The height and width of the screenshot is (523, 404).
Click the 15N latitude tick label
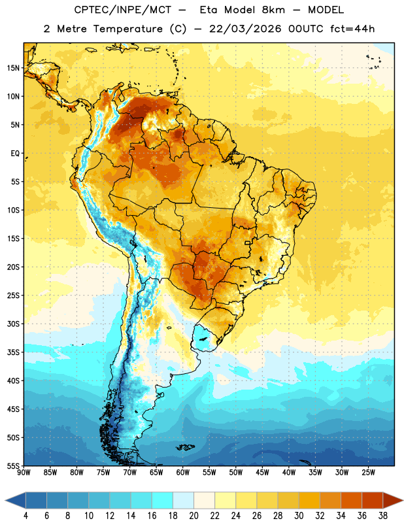(13, 68)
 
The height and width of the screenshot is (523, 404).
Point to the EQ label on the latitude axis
(15, 154)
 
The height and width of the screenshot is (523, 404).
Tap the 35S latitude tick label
(13, 352)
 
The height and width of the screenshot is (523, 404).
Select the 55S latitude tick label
(13, 465)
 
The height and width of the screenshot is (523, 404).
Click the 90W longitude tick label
(24, 473)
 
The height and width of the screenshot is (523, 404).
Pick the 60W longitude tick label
(183, 473)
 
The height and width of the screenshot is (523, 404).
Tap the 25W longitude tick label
(368, 473)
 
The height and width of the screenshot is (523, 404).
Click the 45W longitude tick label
(262, 473)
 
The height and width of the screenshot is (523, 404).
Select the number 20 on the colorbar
(194, 516)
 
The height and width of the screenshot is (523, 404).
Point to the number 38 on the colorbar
(383, 516)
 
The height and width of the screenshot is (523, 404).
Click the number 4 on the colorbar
(25, 516)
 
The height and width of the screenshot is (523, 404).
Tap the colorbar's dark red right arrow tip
(403, 500)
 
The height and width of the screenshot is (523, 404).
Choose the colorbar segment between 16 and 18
(162, 500)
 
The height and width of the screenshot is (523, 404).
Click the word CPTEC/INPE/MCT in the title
(122, 10)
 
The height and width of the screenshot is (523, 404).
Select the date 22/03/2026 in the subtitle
(245, 29)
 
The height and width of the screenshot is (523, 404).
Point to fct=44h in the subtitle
(352, 29)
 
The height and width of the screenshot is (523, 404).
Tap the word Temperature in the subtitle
(127, 29)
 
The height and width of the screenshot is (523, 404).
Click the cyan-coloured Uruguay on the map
(205, 339)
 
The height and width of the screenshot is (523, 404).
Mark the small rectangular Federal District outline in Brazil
(248, 243)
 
